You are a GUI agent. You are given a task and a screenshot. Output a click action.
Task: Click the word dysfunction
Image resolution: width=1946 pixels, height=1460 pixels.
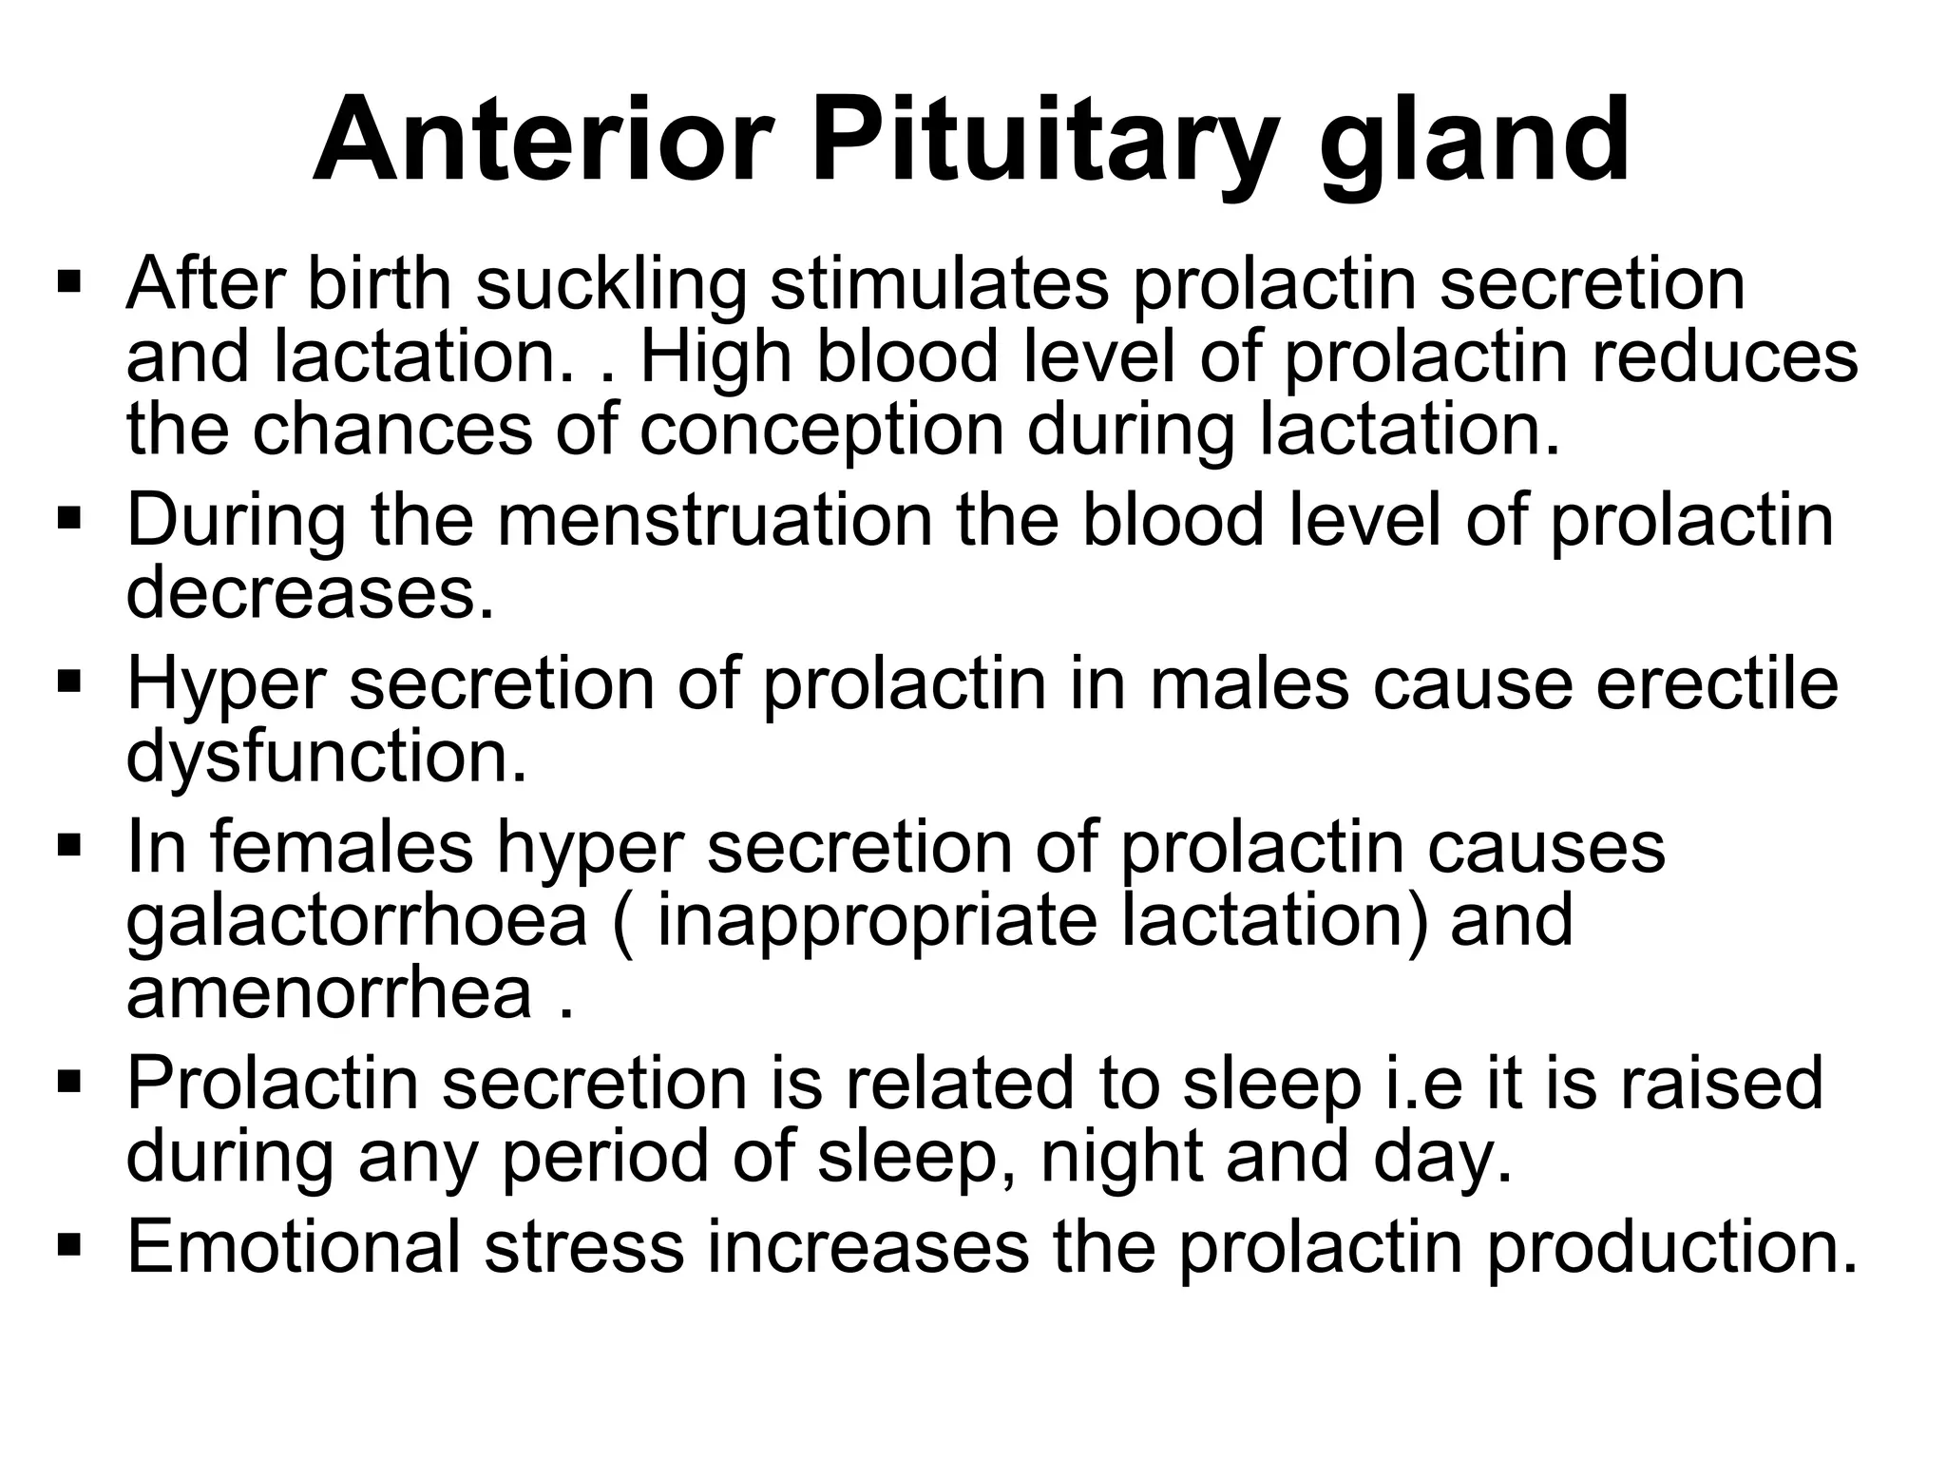point(326,759)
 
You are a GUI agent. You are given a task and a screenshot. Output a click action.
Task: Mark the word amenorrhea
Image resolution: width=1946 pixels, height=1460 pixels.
point(329,993)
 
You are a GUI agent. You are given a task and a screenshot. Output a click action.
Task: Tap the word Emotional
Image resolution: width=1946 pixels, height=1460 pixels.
point(294,1246)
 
